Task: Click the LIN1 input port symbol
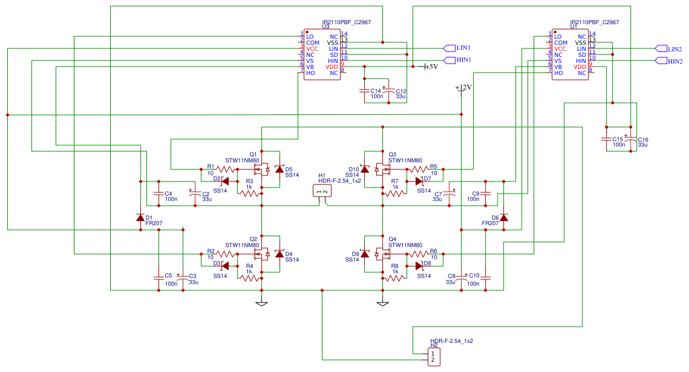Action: click(449, 48)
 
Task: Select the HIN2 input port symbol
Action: click(661, 60)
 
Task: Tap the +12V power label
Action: click(463, 88)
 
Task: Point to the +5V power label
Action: click(429, 67)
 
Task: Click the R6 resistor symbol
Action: click(418, 254)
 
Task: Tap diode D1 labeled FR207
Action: click(140, 218)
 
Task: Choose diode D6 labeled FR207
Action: click(503, 218)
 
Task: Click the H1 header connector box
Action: click(322, 192)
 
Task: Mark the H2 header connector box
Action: click(433, 357)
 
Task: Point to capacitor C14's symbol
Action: click(364, 91)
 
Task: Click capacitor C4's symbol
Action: click(158, 195)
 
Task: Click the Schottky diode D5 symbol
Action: click(279, 170)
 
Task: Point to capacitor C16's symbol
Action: click(630, 140)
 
